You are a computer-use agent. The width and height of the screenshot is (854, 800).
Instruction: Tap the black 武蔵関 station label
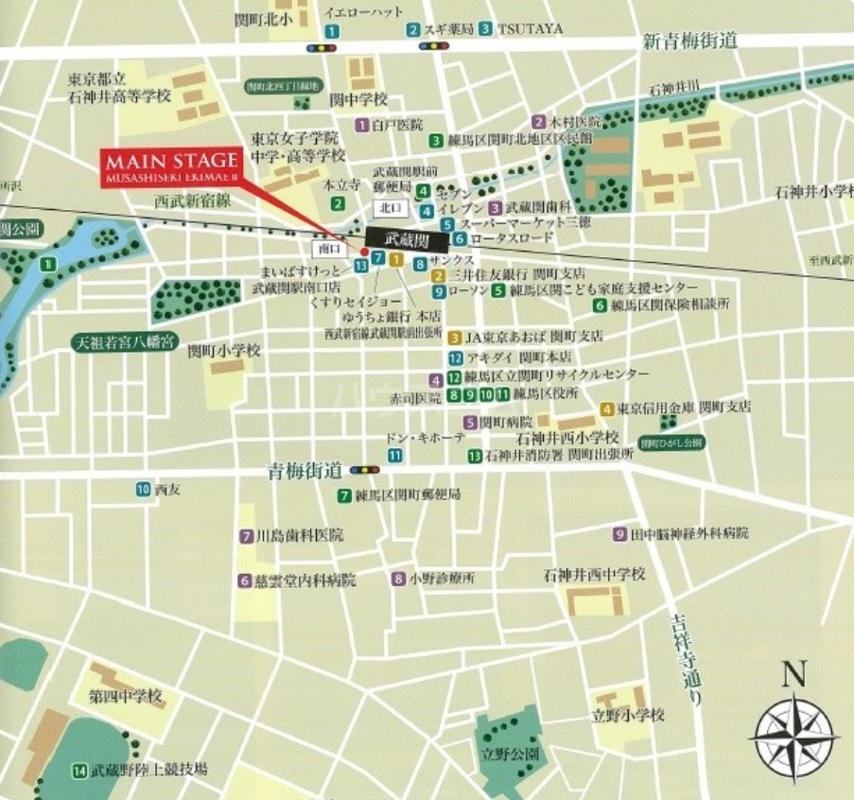point(403,239)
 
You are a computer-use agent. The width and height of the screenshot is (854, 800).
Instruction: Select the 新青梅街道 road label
point(689,41)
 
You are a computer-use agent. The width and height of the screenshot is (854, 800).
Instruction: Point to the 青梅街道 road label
point(304,470)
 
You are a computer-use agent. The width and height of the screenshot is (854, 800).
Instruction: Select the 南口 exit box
point(327,248)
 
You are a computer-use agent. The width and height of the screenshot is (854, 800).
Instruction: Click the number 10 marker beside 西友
point(143,489)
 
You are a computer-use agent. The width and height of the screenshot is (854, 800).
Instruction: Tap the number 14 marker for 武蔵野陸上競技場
point(78,770)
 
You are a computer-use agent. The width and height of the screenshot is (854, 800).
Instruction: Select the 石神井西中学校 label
point(594,574)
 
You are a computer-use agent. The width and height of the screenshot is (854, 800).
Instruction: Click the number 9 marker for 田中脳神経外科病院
point(620,533)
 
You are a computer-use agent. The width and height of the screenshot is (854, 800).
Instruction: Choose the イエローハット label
point(363,11)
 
